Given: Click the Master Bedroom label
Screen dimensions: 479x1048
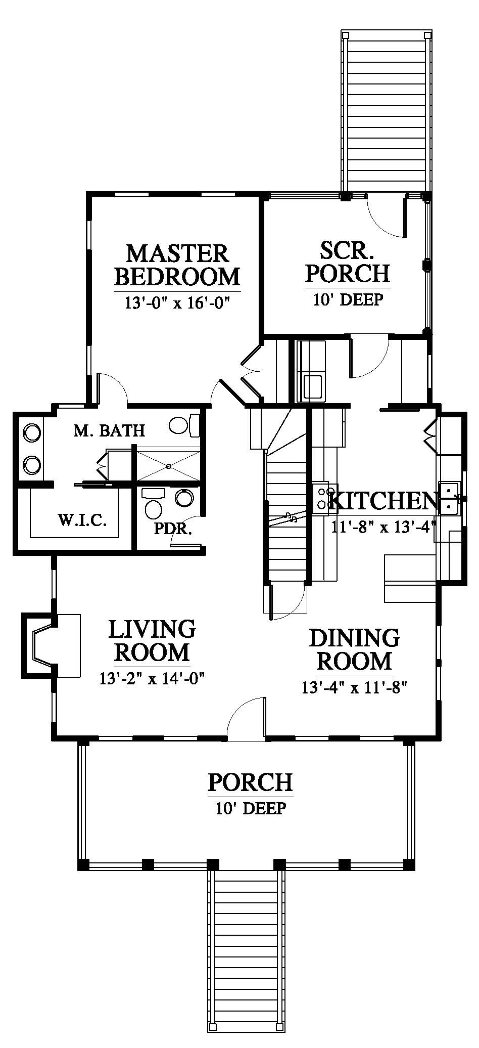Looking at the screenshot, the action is click(x=177, y=265).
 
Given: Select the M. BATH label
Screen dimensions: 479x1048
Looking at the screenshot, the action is click(x=109, y=430).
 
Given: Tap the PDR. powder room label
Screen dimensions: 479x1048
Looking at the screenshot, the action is click(x=173, y=530).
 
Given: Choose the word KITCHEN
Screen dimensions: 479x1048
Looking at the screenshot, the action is click(x=383, y=501).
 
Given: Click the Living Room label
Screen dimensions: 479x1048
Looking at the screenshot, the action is click(x=152, y=640).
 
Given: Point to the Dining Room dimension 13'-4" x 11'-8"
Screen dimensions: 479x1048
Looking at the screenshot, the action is click(x=355, y=688).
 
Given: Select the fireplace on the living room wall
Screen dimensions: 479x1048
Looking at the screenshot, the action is click(x=51, y=645).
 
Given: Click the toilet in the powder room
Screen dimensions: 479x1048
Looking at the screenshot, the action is click(x=152, y=503).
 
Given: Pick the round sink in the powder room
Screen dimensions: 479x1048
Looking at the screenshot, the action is click(x=183, y=498).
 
